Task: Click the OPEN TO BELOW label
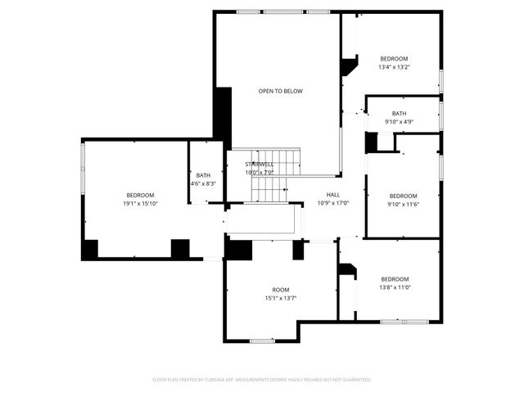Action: [x=280, y=91]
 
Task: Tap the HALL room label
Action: [x=333, y=195]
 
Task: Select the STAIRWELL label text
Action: [x=260, y=165]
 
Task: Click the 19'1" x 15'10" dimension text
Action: [x=140, y=203]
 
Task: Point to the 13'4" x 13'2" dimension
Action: [x=394, y=67]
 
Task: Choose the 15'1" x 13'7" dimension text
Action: [x=281, y=298]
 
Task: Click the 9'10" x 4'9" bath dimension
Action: [x=399, y=122]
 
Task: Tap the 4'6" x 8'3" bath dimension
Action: [x=203, y=183]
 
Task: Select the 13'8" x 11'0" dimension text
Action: [x=394, y=287]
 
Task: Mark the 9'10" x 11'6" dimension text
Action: [x=403, y=204]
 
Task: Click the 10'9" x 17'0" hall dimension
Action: [x=333, y=203]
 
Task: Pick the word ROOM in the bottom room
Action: [x=281, y=290]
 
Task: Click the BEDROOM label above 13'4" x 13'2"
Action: [x=394, y=59]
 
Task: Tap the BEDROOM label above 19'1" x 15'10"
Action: [x=140, y=195]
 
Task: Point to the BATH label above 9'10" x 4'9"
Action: [x=399, y=114]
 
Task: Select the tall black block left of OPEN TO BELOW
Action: [x=223, y=117]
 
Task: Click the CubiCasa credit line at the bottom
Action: [x=262, y=380]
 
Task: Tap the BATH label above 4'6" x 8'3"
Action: [x=203, y=175]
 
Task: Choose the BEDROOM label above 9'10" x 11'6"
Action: [x=403, y=196]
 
